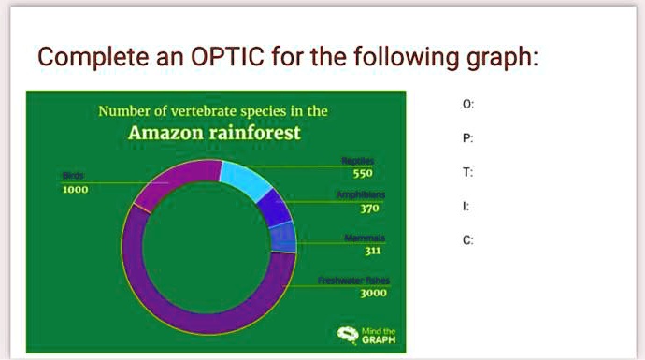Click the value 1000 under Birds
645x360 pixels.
pyautogui.click(x=75, y=189)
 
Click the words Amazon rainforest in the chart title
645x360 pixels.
pyautogui.click(x=214, y=133)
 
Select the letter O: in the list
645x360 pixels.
pyautogui.click(x=468, y=105)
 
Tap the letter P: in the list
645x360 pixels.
pyautogui.click(x=468, y=138)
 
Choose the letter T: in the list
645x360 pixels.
pyautogui.click(x=468, y=172)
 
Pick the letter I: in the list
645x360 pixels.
pyautogui.click(x=467, y=206)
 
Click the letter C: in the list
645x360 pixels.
pyautogui.click(x=468, y=239)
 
